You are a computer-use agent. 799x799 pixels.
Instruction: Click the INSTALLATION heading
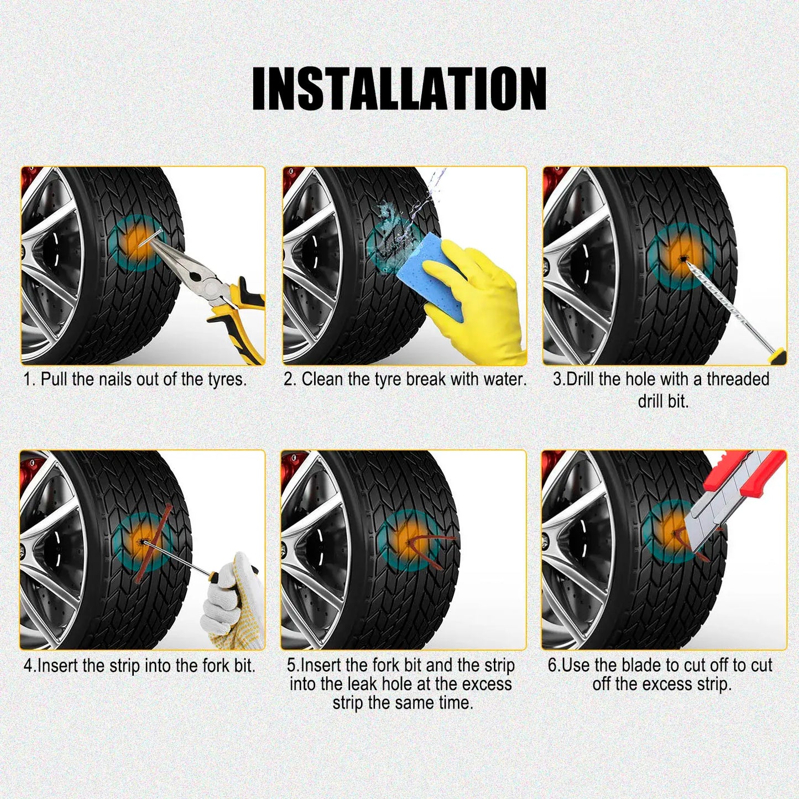pyautogui.click(x=399, y=88)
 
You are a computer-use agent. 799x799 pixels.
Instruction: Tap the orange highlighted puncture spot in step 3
pyautogui.click(x=682, y=258)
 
